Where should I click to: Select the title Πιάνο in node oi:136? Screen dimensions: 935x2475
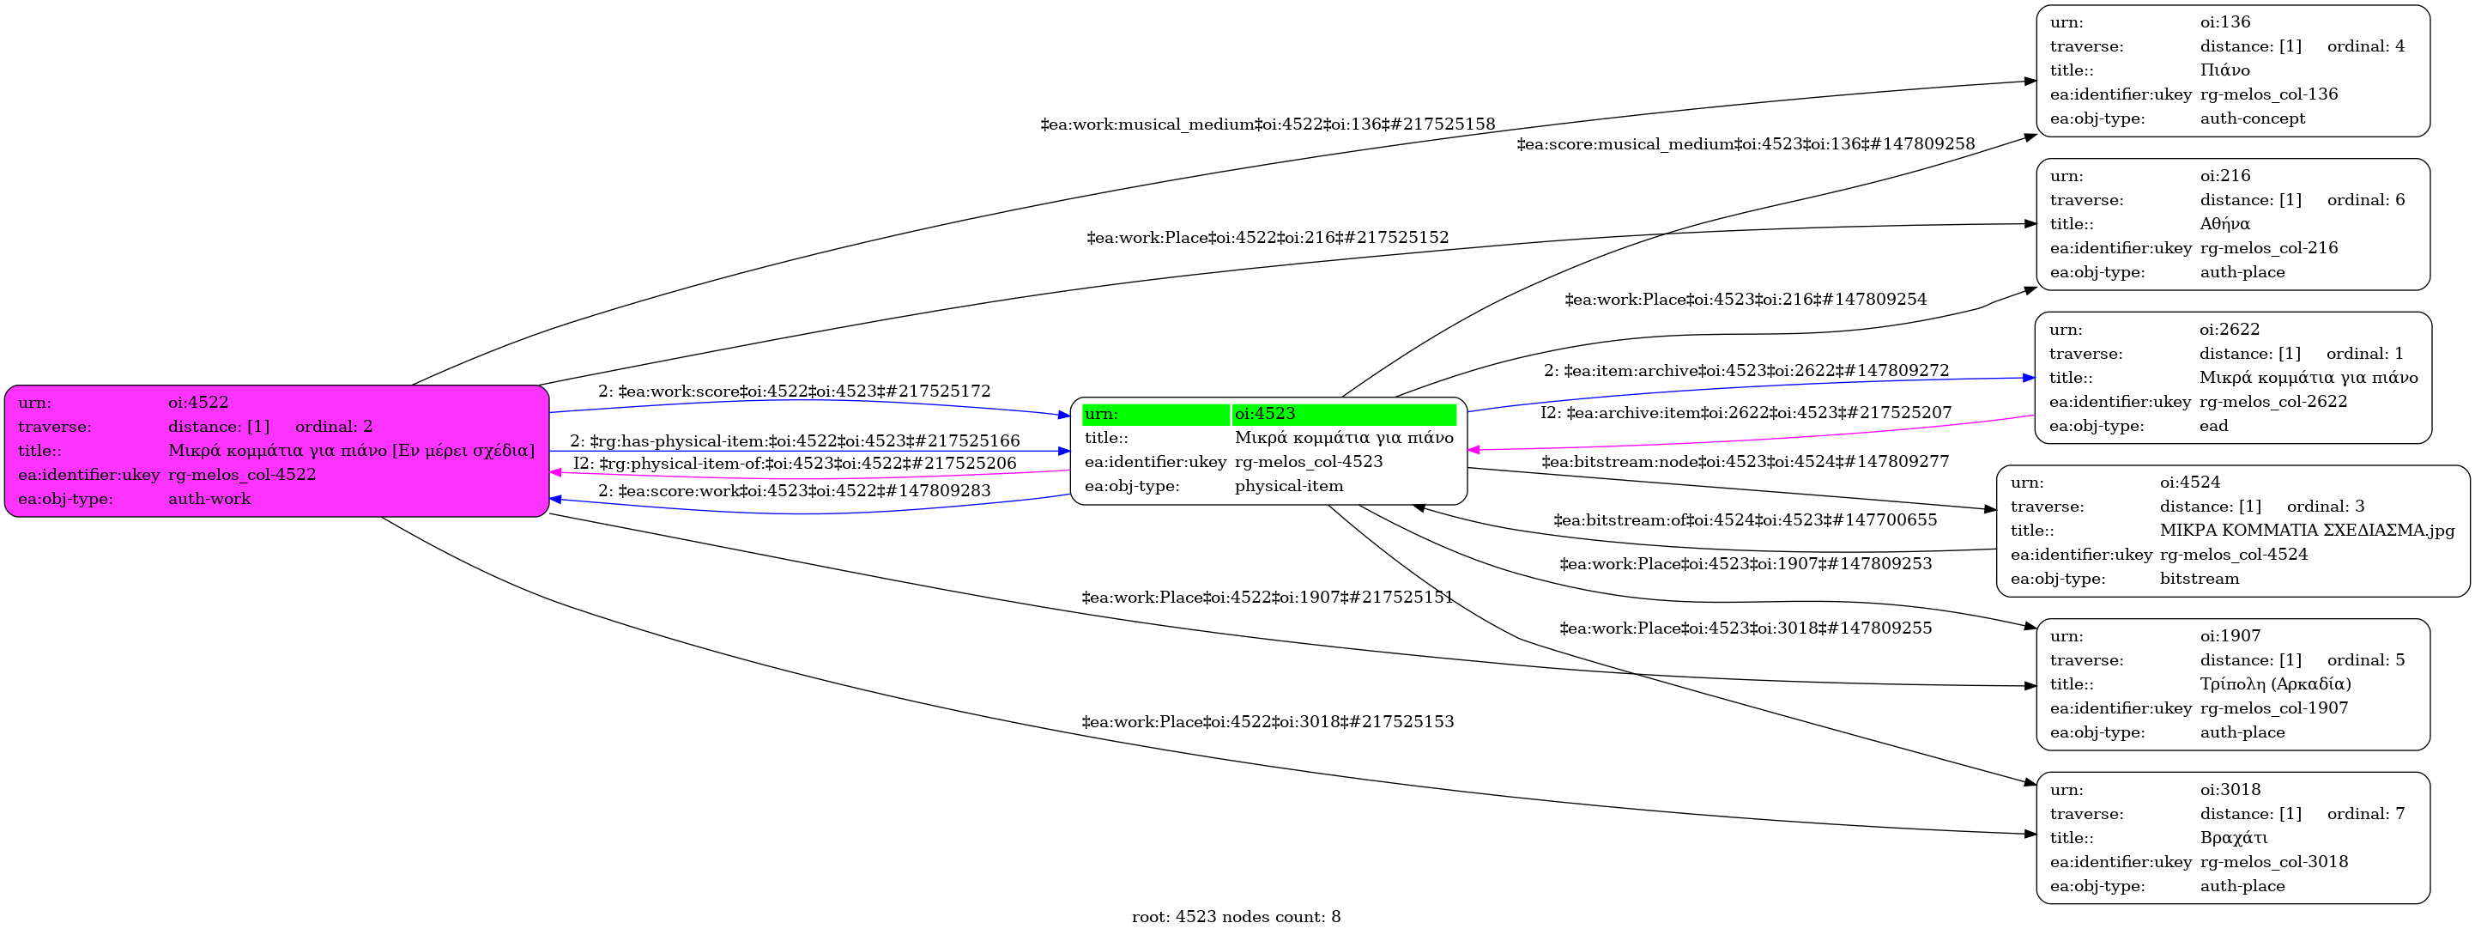click(x=2224, y=70)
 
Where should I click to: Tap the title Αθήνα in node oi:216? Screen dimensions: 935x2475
click(x=2224, y=224)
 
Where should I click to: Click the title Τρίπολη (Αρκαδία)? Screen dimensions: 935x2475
click(x=2275, y=684)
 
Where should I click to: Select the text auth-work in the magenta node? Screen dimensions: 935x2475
click(x=209, y=499)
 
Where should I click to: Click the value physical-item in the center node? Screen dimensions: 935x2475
click(x=1288, y=486)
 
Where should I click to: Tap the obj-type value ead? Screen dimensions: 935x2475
click(x=2213, y=426)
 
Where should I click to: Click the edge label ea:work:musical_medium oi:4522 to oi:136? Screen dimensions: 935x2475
click(x=1268, y=124)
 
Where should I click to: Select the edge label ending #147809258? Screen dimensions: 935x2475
click(x=1745, y=144)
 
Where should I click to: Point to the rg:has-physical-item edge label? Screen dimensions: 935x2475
click(x=795, y=441)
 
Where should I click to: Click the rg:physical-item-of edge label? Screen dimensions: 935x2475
click(x=795, y=463)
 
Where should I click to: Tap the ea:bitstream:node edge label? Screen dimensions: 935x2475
click(x=1745, y=462)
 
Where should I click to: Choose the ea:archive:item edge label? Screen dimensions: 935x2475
click(x=1746, y=413)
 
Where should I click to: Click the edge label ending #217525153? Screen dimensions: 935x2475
click(x=1268, y=722)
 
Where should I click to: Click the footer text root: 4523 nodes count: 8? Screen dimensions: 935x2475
click(x=1236, y=917)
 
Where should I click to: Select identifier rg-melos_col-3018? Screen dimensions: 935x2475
click(x=2273, y=862)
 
